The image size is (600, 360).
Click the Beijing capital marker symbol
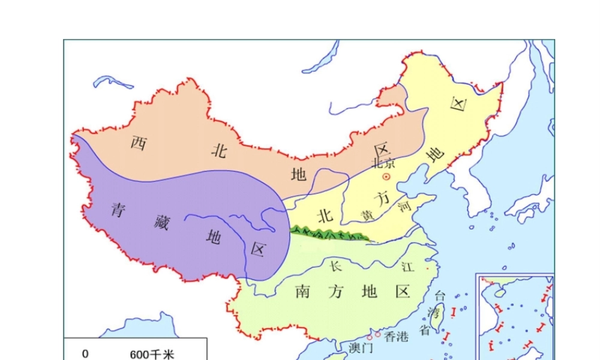coord(387,177)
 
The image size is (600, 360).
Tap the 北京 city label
coord(384,163)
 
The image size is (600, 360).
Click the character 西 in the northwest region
coord(139,143)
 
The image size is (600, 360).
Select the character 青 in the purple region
coord(118,209)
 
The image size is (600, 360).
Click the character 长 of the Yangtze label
coord(335,265)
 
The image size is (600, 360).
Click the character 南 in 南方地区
coord(304,292)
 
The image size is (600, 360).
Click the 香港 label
coord(396,337)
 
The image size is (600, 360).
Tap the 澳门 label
coord(361,347)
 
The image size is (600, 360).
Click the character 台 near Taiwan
coord(440,295)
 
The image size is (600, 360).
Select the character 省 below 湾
coord(425,329)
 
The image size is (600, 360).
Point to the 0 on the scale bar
coord(85,353)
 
